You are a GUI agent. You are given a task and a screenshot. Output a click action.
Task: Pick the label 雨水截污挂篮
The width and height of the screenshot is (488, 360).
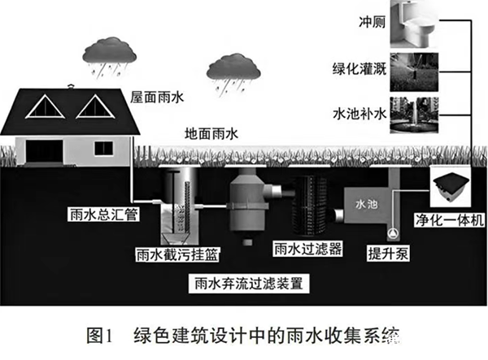click(x=169, y=254)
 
